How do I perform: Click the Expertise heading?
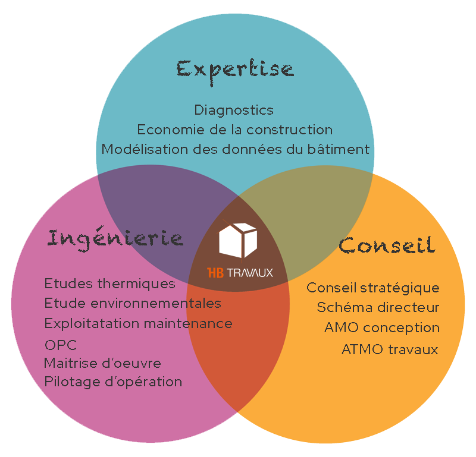pyautogui.click(x=235, y=72)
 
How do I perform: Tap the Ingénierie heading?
pyautogui.click(x=115, y=240)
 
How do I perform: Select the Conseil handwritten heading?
pyautogui.click(x=387, y=245)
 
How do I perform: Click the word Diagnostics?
pyautogui.click(x=234, y=111)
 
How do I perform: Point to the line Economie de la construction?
pyautogui.click(x=235, y=130)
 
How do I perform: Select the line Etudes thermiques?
pyautogui.click(x=110, y=284)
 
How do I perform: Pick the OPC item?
pyautogui.click(x=61, y=345)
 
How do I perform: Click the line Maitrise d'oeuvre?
pyautogui.click(x=102, y=363)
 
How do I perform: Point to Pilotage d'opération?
pyautogui.click(x=113, y=382)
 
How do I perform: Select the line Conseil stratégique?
pyautogui.click(x=373, y=288)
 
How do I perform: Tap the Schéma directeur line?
pyautogui.click(x=378, y=307)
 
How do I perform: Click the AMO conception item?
pyautogui.click(x=382, y=328)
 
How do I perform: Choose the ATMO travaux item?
pyautogui.click(x=390, y=349)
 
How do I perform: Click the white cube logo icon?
pyautogui.click(x=238, y=240)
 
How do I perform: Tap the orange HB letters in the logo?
pyautogui.click(x=215, y=273)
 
